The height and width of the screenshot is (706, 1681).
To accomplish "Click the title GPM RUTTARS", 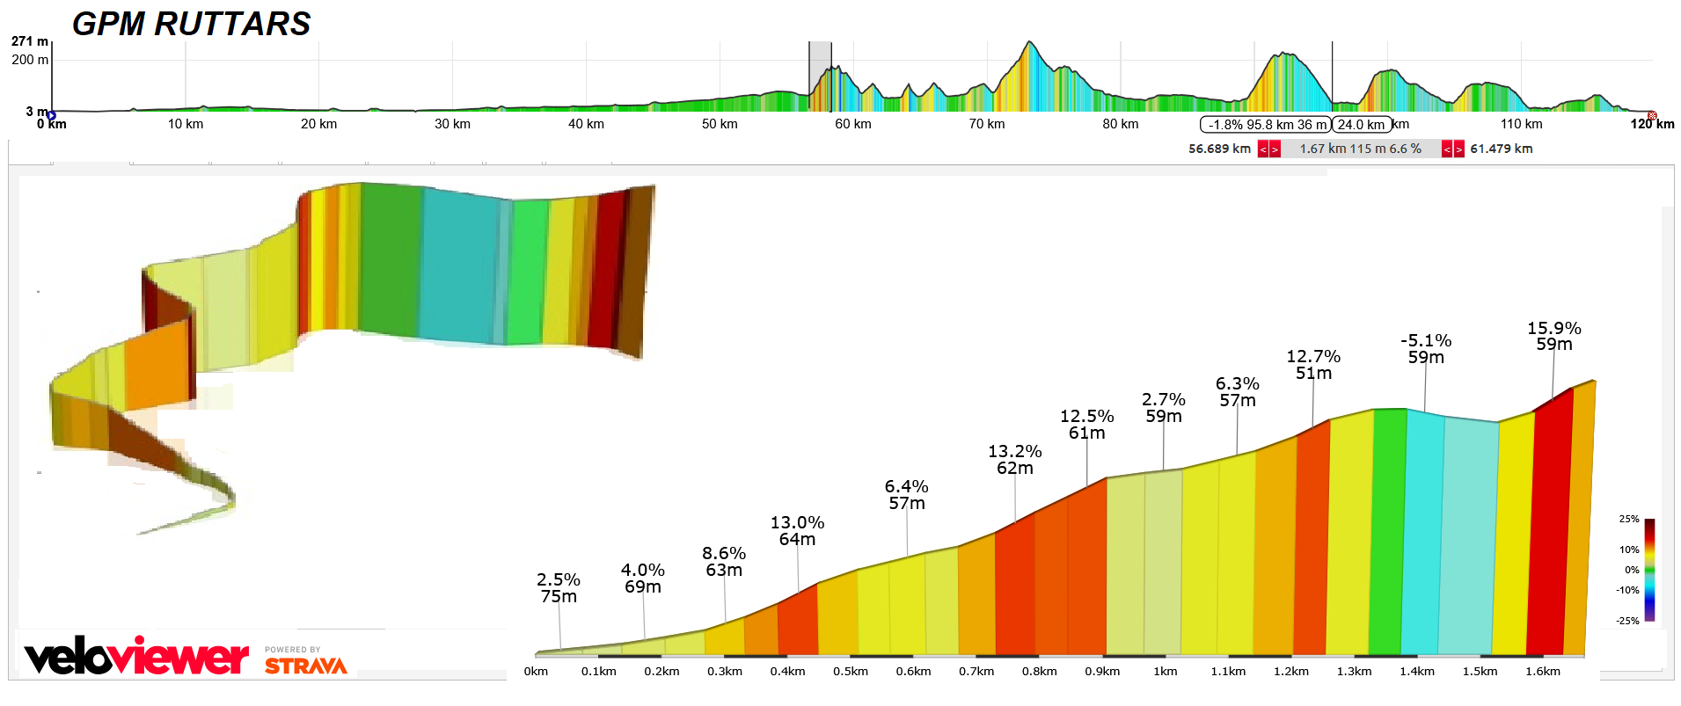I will coord(191,24).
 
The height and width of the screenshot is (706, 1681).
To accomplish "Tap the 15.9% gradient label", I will coord(1553,328).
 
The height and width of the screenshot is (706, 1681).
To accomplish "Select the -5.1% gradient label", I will coord(1425,341).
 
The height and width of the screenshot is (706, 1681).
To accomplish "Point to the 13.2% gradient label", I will coord(1014,452).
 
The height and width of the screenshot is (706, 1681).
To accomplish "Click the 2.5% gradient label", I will coord(558,580).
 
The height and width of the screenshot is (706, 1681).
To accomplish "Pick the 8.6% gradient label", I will coord(723,554).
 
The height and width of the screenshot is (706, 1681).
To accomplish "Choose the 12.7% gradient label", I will coord(1312,357).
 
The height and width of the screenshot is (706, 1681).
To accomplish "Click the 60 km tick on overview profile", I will coord(852,124).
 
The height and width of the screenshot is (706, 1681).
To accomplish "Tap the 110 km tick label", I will coord(1521,124).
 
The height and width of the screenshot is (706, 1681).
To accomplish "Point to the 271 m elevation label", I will coord(29,41).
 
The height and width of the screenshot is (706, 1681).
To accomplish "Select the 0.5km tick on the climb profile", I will coord(850,672).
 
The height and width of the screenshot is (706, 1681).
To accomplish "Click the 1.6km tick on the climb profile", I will coord(1542,672).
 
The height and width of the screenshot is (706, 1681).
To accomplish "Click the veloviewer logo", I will coord(136,657).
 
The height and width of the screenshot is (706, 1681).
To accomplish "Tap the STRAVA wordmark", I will coord(305,666).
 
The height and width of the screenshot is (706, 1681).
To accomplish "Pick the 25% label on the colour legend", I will coord(1628,520).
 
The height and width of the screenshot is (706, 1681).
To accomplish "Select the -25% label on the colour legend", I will coord(1626,621).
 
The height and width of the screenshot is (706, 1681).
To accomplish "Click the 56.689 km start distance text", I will coord(1218,149).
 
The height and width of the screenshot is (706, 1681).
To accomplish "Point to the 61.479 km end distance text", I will coord(1501,149).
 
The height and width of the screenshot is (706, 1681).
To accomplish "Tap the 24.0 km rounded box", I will coord(1361,125).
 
